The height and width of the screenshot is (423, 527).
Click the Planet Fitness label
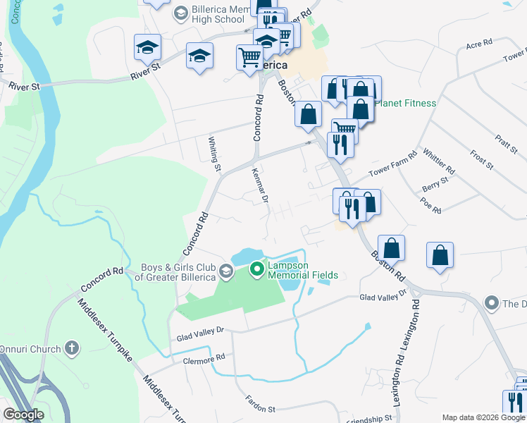(x=405, y=103)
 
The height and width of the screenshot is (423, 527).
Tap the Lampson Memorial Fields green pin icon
(x=257, y=269)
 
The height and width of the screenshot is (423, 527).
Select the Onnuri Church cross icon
(x=70, y=348)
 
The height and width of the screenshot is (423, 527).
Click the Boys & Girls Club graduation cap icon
(x=225, y=271)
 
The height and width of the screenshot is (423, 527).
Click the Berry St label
(x=435, y=183)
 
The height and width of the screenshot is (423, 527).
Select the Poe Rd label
(x=430, y=205)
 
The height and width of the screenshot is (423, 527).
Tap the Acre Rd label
(x=478, y=44)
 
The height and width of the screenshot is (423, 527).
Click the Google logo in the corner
(x=23, y=415)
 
